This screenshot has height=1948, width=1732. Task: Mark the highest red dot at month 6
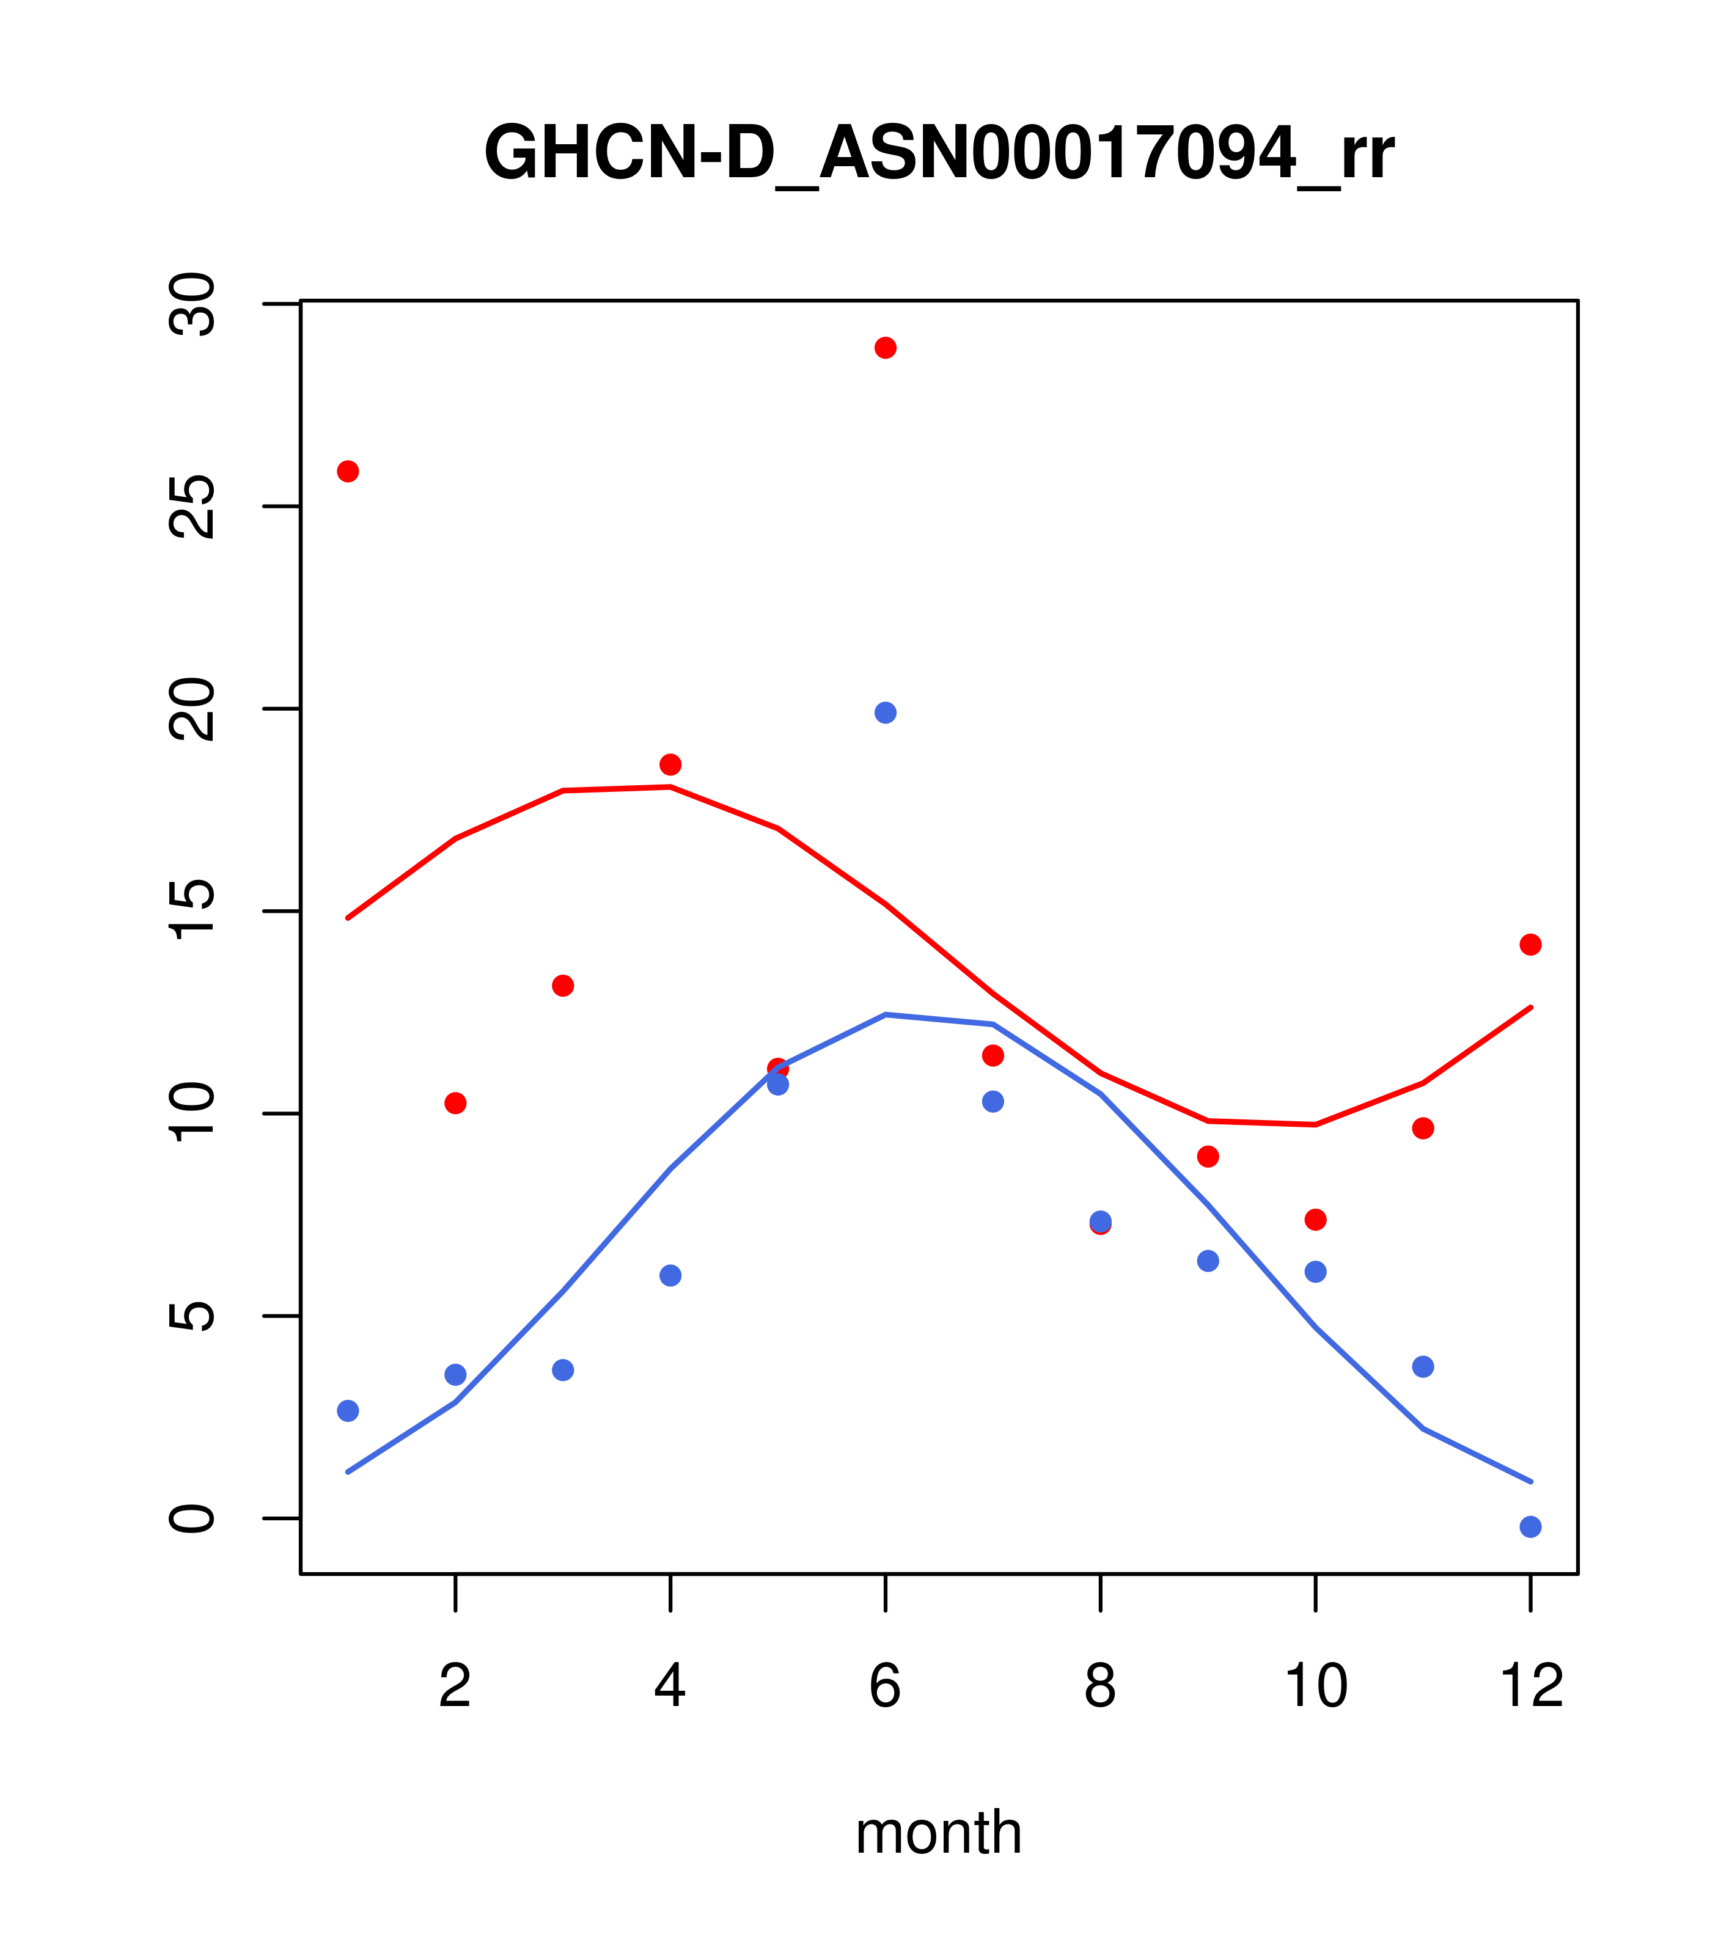(886, 348)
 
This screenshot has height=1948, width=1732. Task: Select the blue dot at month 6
(886, 713)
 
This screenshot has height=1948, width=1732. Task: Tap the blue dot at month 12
(1531, 1528)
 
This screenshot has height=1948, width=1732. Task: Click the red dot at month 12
(1531, 945)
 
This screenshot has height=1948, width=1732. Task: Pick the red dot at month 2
(456, 1104)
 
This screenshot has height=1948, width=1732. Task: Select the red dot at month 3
(563, 986)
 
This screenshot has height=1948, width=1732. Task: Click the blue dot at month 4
(671, 1275)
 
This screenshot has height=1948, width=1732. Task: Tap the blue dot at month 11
(1423, 1367)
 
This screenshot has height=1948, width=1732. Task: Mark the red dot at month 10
(1315, 1220)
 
